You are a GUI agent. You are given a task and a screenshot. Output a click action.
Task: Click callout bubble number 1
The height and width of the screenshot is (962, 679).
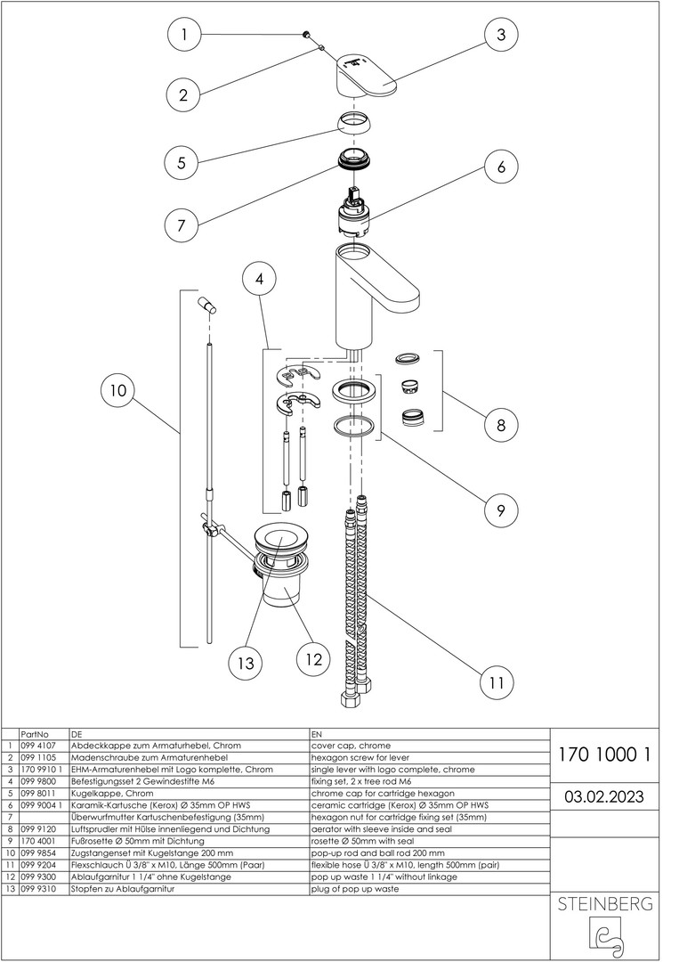coord(183,36)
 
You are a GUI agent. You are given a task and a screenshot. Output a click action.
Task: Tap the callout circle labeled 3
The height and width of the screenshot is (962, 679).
coord(501,35)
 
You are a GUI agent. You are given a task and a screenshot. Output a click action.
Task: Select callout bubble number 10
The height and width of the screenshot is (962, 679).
coord(117,390)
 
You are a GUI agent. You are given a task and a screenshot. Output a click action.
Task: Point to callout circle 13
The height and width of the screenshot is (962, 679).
coord(246,663)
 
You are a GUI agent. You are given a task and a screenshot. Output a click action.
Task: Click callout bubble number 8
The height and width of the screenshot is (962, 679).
coord(501,425)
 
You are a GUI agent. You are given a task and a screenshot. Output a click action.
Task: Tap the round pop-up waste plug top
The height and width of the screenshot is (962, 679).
coord(281,538)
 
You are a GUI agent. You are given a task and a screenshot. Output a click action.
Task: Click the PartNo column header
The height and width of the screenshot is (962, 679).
coord(33,733)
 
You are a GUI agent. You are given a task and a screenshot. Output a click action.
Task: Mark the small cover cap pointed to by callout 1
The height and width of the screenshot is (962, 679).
coord(307,34)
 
